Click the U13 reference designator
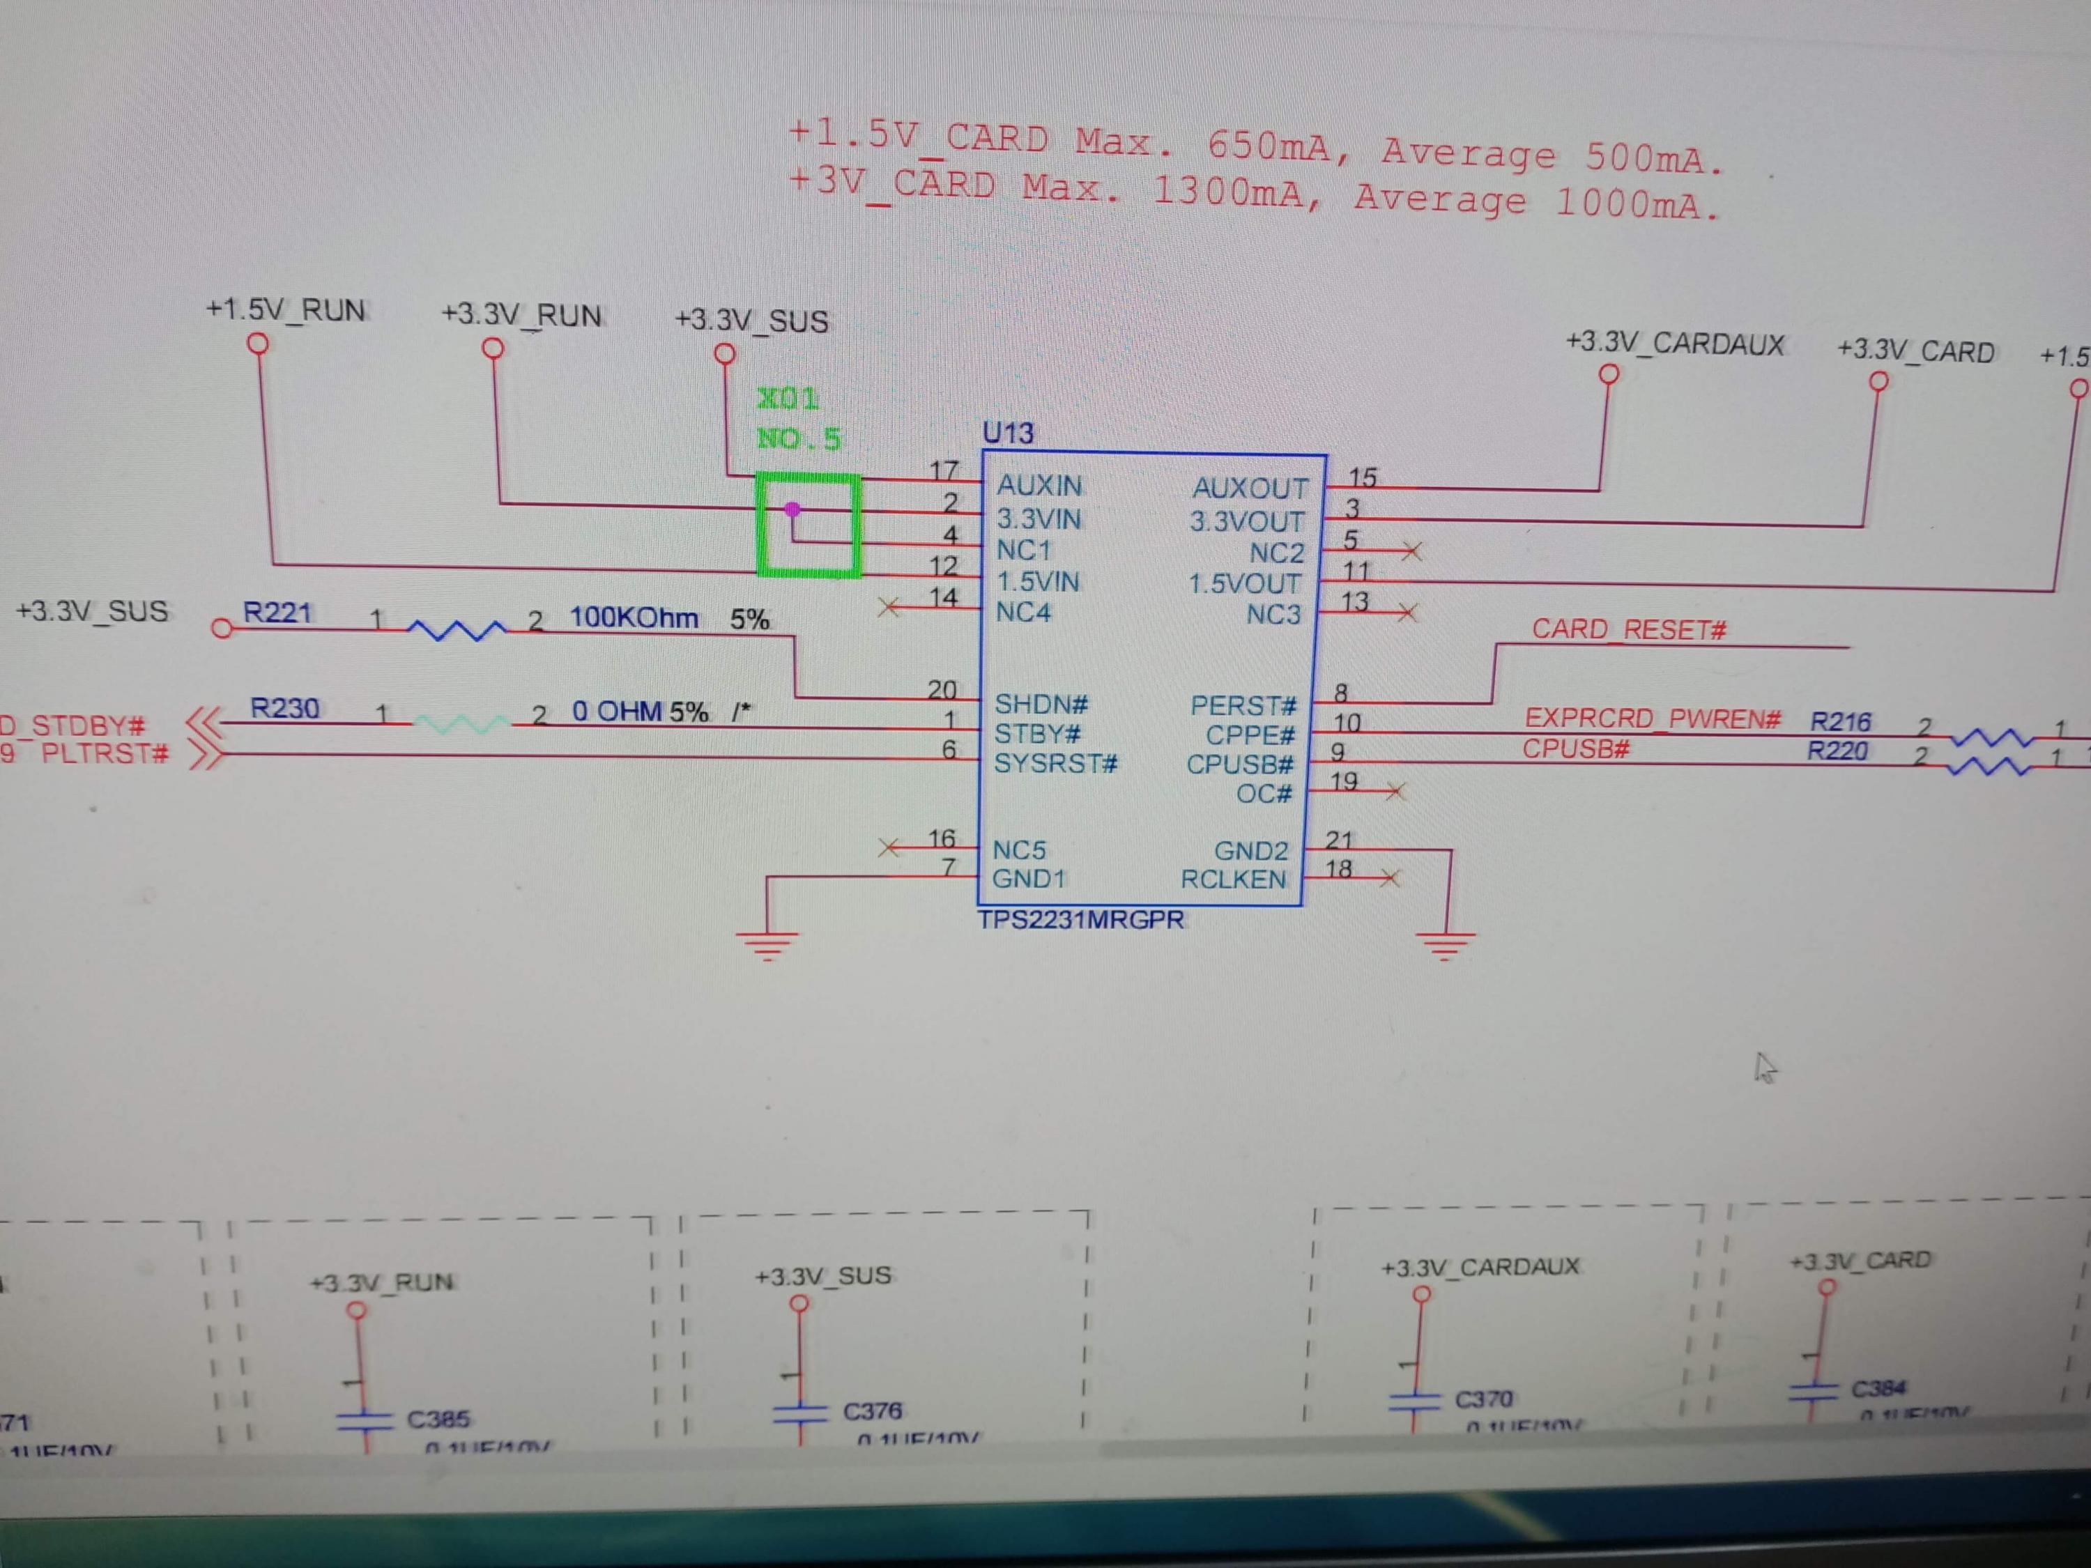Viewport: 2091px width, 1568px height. pyautogui.click(x=1008, y=433)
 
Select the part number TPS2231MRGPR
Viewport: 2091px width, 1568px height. pyautogui.click(x=1080, y=920)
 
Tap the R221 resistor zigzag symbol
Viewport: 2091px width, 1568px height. pyautogui.click(x=456, y=629)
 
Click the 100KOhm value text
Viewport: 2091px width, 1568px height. pyautogui.click(x=634, y=618)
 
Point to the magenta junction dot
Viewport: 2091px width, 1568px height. pyautogui.click(x=792, y=509)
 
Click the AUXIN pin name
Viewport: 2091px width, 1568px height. pyautogui.click(x=1039, y=486)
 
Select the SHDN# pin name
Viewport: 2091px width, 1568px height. pyautogui.click(x=1041, y=704)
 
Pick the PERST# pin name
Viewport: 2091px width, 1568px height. pyautogui.click(x=1242, y=706)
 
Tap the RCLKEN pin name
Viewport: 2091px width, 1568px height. pyautogui.click(x=1233, y=880)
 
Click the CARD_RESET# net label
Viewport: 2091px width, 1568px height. pyautogui.click(x=1629, y=629)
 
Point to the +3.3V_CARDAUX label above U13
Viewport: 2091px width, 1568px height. pyautogui.click(x=1674, y=344)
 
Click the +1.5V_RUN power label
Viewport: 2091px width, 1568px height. pyautogui.click(x=286, y=310)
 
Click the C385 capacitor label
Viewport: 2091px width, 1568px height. pyautogui.click(x=438, y=1419)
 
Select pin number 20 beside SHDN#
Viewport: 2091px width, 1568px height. pyautogui.click(x=942, y=690)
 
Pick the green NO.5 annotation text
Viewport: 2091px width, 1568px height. pyautogui.click(x=799, y=438)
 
